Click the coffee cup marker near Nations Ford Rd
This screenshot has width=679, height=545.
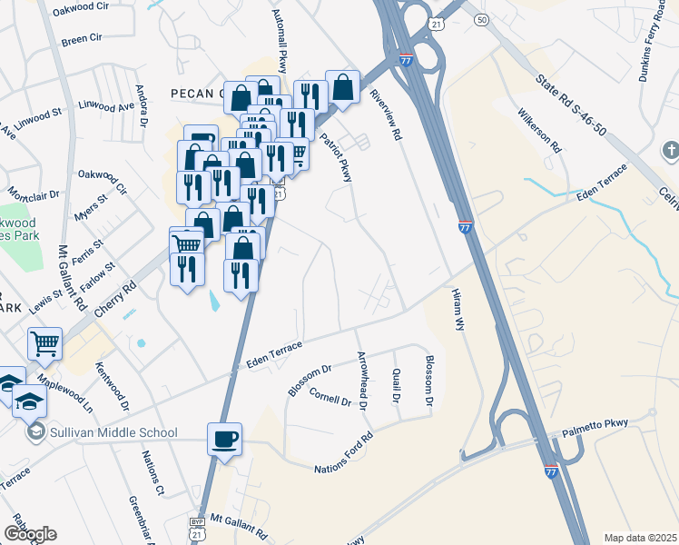[225, 439]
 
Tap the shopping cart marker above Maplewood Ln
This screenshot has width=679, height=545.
[44, 344]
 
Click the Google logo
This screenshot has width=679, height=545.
[30, 534]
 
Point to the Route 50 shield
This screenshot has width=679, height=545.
[481, 19]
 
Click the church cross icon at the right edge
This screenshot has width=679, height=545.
[670, 150]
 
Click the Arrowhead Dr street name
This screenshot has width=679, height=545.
[361, 381]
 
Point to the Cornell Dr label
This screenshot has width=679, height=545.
[330, 397]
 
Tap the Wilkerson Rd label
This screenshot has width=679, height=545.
[539, 132]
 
